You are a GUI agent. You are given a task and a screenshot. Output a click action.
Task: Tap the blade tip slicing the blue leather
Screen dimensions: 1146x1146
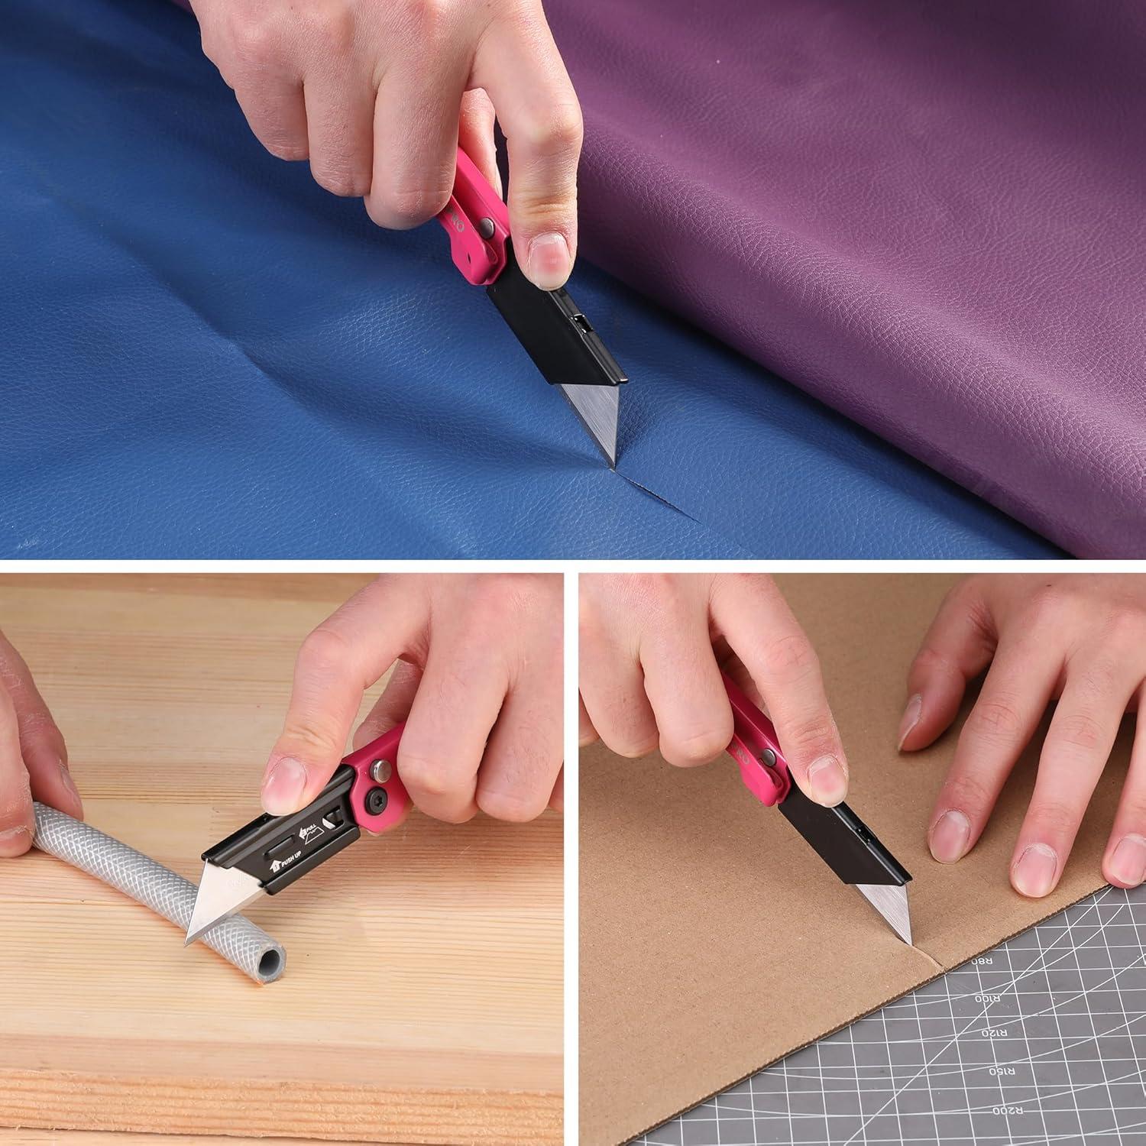[x=610, y=462]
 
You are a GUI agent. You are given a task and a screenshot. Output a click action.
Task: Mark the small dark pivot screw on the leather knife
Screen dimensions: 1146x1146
[x=487, y=225]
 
